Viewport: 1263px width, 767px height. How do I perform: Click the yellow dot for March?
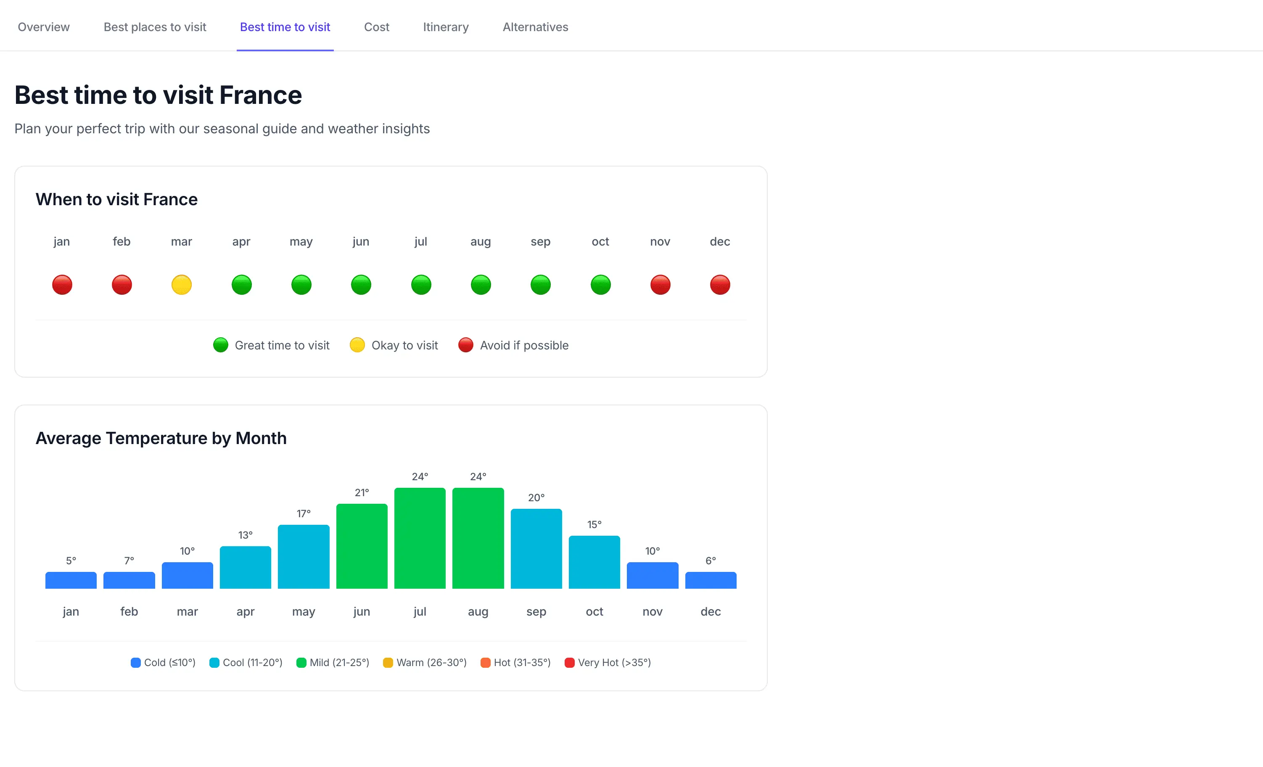[182, 285]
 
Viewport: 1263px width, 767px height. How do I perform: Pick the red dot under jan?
[62, 285]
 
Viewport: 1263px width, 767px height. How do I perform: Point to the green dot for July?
[421, 285]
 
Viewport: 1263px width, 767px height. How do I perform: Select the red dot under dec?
[720, 285]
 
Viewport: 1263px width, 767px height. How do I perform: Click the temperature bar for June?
[362, 546]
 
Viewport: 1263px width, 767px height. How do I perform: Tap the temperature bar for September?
[536, 549]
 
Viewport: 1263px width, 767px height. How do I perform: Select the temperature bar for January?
[71, 580]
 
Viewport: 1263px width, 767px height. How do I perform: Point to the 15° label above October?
[594, 524]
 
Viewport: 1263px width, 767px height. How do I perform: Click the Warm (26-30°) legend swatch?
[388, 662]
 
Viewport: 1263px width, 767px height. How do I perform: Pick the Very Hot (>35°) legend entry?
[608, 662]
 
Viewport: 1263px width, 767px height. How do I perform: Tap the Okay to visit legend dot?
[357, 345]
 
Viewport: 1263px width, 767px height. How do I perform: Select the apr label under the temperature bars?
[245, 612]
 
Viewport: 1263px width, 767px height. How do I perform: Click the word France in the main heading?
[260, 95]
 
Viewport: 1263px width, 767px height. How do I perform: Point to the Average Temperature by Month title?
[161, 438]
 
